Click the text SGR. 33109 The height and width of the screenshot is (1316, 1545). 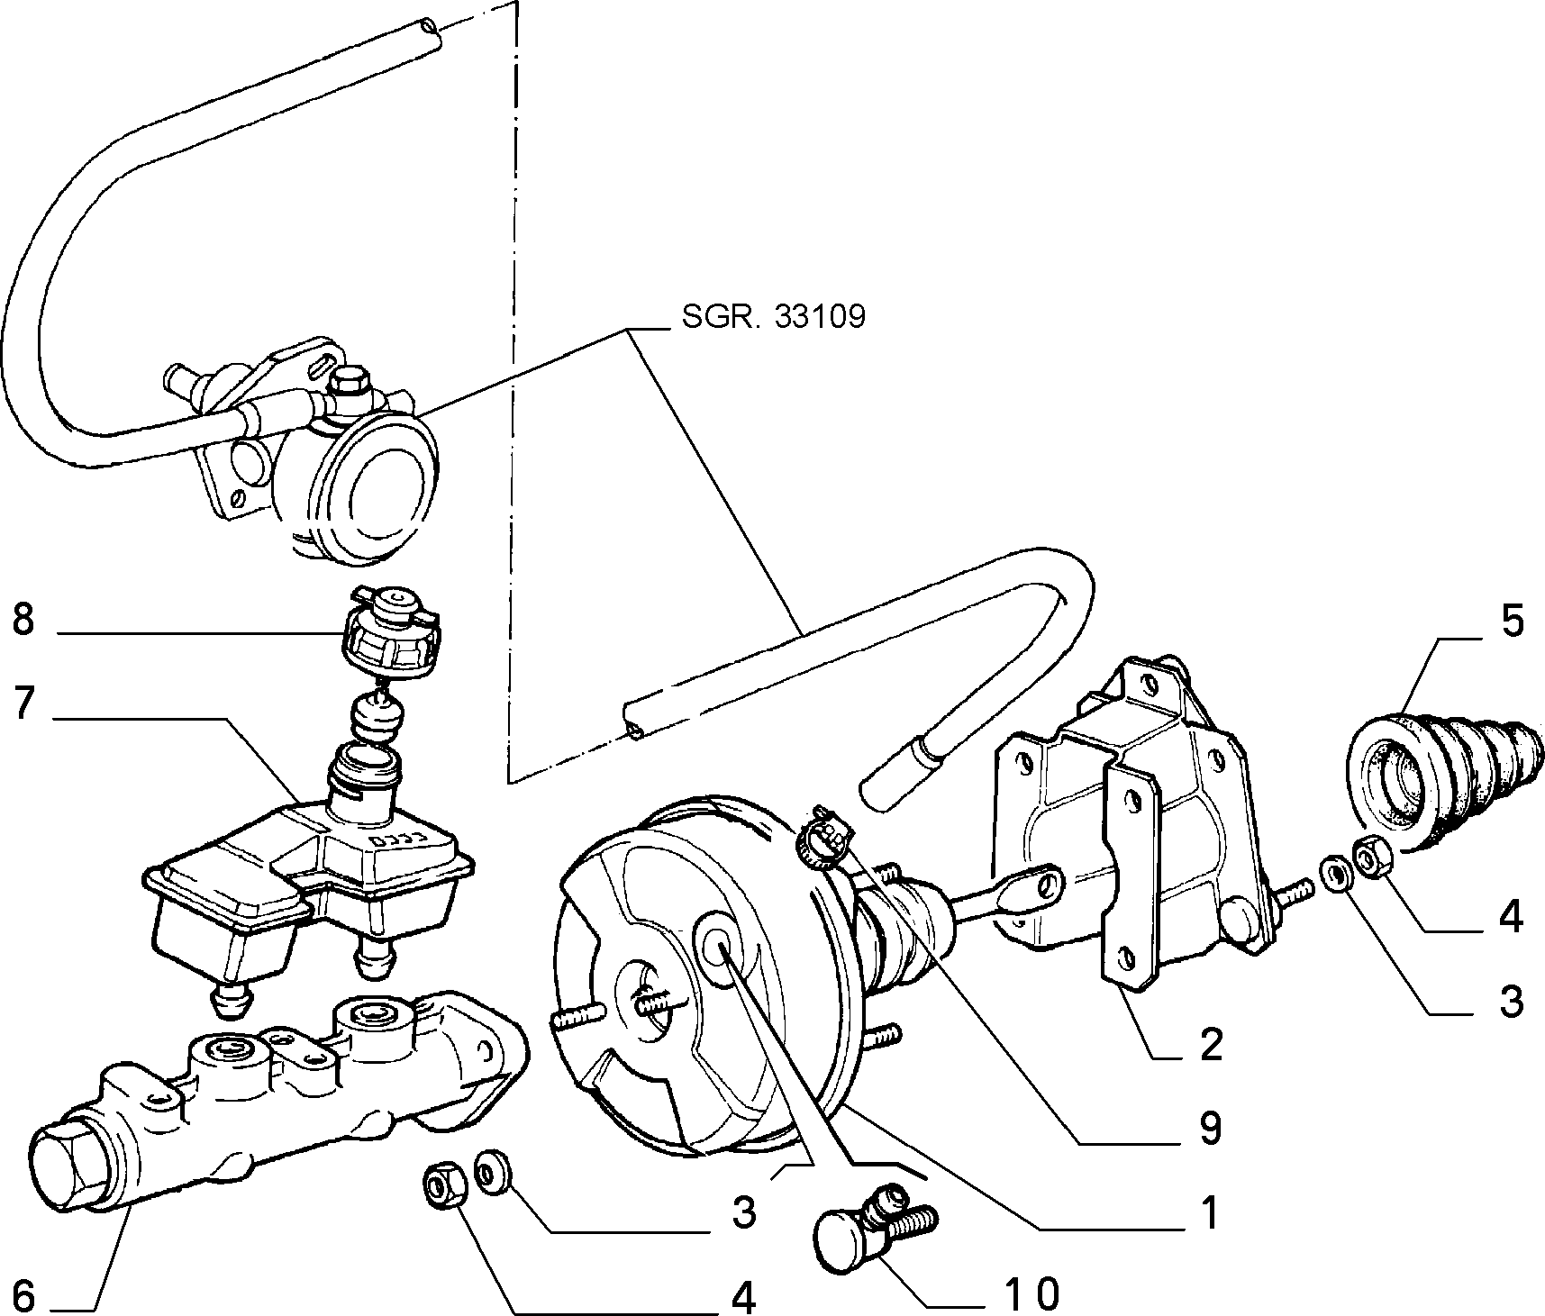(x=772, y=317)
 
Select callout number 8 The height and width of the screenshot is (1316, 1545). (x=23, y=621)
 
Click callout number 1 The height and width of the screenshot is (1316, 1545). (x=1209, y=1212)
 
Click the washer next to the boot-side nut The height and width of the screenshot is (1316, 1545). (x=1334, y=873)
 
